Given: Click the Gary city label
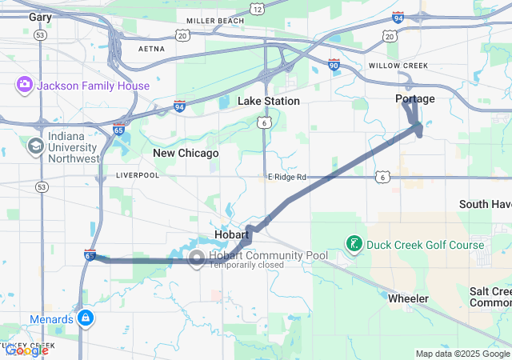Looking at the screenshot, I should (39, 16).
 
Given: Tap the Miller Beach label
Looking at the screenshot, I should (214, 21).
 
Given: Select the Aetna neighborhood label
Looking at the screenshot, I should (151, 49).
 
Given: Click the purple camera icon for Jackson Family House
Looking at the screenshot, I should (24, 85).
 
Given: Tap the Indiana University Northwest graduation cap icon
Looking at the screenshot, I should (35, 146).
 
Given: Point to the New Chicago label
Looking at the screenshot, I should (186, 153).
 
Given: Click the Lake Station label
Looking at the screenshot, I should (269, 101).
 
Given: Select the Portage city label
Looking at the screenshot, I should (415, 98).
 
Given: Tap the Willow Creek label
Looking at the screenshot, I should (398, 66).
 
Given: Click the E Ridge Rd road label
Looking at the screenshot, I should (287, 177).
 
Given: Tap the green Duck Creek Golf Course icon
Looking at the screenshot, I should (353, 242).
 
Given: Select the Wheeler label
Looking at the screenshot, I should (408, 298).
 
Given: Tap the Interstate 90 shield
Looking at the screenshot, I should (334, 62).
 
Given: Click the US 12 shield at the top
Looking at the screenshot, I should (256, 8).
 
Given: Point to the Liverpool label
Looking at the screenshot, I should (134, 174).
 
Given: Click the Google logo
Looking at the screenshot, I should (26, 350).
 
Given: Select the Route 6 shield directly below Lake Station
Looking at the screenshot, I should (263, 122).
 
